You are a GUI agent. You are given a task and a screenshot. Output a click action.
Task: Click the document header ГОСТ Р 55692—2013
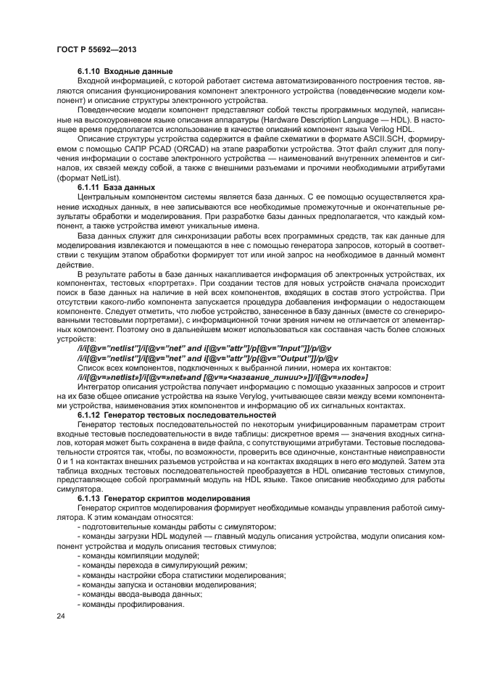pyautogui.click(x=96, y=48)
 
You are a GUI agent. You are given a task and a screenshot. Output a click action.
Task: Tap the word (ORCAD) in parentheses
pyautogui.click(x=189, y=146)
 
